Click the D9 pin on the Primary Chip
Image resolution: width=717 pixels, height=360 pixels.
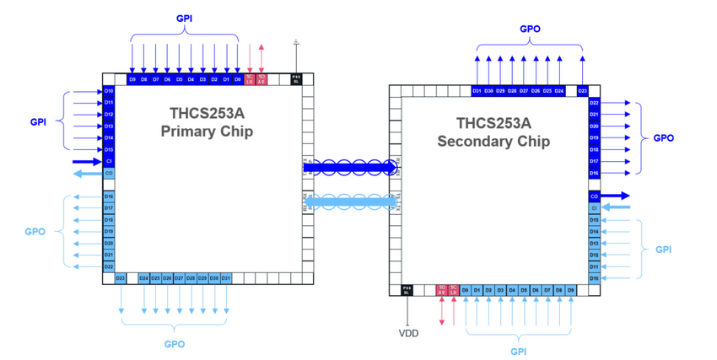(132, 79)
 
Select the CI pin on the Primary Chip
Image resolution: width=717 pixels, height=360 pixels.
(109, 161)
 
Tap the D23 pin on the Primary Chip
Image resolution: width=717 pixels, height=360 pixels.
(121, 278)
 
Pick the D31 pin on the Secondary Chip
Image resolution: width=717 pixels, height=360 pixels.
(477, 90)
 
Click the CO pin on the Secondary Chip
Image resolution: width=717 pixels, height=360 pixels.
(595, 196)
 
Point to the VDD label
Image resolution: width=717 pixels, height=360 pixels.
(408, 333)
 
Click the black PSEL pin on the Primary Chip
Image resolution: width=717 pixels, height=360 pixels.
(296, 79)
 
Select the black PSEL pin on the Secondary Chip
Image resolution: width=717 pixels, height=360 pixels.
(407, 290)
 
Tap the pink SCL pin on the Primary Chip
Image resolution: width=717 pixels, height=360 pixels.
(250, 79)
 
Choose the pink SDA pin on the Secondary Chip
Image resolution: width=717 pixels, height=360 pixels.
(441, 290)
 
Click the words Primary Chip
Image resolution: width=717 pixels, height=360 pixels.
(207, 132)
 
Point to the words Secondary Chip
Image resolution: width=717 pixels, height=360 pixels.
(493, 141)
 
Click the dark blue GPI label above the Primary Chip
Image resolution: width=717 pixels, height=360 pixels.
(184, 18)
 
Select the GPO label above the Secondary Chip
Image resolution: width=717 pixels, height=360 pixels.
(530, 28)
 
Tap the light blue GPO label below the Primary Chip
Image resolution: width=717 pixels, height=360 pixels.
(175, 344)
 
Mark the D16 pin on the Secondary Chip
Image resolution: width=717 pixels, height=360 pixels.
(595, 173)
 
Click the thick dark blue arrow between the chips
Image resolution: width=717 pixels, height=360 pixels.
(349, 167)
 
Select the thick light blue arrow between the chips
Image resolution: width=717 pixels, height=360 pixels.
(349, 201)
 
